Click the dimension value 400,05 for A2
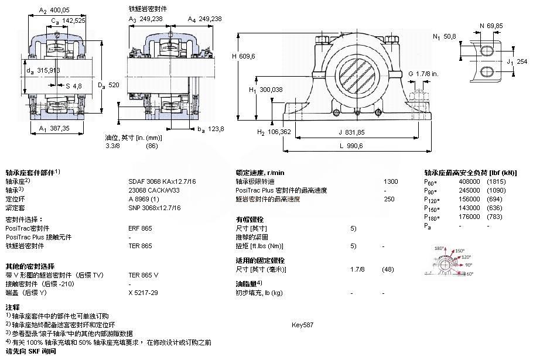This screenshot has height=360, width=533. (59, 10)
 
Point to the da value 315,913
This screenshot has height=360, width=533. (47, 70)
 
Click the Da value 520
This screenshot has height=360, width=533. (114, 85)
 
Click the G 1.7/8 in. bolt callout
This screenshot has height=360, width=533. (425, 74)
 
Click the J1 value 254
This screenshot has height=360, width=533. (521, 61)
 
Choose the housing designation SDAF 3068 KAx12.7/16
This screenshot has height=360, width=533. (162, 181)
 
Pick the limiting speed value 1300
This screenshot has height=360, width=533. (390, 181)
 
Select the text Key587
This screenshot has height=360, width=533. (302, 324)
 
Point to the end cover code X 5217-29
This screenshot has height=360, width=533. (143, 292)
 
